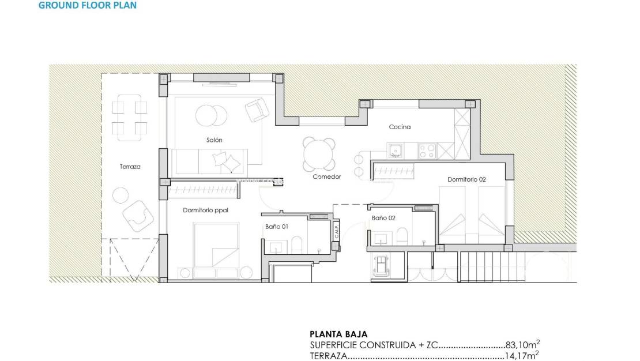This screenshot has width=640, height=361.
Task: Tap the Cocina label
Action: point(400,127)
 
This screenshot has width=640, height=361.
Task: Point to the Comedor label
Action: point(327,176)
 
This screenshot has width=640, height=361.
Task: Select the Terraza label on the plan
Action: point(130,167)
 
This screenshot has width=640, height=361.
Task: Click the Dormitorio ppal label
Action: point(205,210)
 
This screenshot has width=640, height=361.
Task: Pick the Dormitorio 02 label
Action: point(466,179)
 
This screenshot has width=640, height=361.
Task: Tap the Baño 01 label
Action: point(277,227)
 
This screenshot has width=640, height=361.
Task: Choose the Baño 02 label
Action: point(383,218)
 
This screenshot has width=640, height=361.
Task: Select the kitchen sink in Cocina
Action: point(396,151)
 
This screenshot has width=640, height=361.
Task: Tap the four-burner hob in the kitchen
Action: point(427,151)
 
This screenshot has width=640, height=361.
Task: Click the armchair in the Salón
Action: point(256,110)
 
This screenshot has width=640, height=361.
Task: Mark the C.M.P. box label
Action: point(336,232)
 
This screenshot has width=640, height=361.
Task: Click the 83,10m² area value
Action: point(522,345)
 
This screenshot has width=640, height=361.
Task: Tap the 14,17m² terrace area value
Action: point(522,356)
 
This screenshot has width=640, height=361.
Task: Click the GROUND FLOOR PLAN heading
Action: point(88,6)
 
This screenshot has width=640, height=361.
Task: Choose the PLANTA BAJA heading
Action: point(338,334)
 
